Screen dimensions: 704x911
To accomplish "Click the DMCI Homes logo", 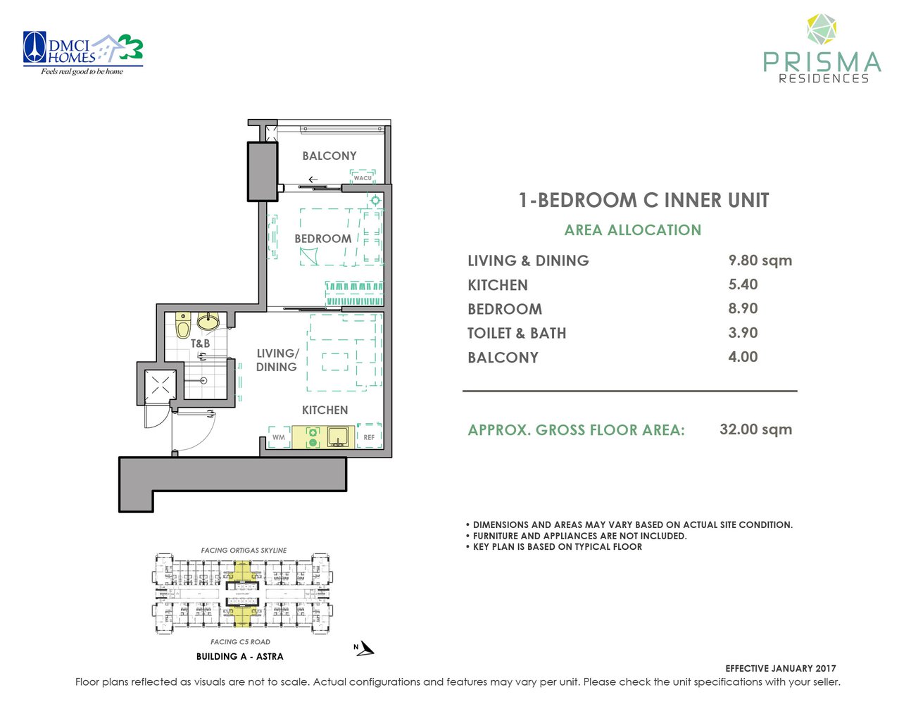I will (83, 53).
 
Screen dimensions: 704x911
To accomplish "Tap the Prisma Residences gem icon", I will (821, 30).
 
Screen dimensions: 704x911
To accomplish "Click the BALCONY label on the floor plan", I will (329, 156).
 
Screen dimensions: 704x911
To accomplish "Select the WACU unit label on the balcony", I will (363, 177).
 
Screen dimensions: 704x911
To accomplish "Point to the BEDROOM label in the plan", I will (322, 239).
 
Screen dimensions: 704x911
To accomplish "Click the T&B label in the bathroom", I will (200, 344).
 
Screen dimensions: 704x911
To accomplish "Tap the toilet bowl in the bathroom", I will (183, 325).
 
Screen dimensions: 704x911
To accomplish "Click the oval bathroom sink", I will (208, 322).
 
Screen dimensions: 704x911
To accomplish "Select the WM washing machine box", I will (279, 437).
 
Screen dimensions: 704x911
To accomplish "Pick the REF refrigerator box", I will (369, 436).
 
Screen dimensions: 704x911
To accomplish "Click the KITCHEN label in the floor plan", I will (325, 410).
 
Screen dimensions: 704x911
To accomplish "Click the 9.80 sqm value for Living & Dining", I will (760, 260).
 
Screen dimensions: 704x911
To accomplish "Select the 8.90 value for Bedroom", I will (743, 308).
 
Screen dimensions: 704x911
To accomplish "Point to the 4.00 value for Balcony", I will (743, 357).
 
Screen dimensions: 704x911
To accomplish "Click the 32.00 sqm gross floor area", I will (755, 429).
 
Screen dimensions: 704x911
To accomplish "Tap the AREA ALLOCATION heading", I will (632, 230).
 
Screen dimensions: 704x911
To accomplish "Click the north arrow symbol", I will (363, 648).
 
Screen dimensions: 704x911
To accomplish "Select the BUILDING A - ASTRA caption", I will (239, 656).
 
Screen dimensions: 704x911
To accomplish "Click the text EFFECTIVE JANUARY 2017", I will (780, 668).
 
